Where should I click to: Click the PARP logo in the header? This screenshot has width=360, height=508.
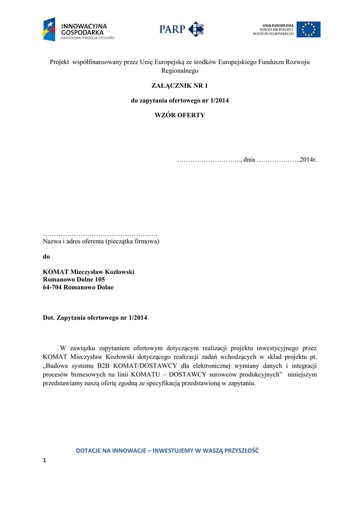[181, 29]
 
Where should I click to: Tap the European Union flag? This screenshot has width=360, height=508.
[308, 29]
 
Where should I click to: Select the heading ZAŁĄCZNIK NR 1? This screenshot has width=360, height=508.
[179, 86]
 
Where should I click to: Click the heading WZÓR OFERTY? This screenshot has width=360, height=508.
[179, 115]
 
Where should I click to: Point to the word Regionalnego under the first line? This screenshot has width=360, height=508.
[179, 71]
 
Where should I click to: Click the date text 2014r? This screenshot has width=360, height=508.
[308, 159]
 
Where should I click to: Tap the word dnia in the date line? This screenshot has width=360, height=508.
[249, 159]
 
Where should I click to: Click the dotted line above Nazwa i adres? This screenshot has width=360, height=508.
[100, 233]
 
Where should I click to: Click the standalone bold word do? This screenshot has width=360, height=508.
[47, 256]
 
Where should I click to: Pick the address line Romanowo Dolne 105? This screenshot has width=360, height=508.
[74, 279]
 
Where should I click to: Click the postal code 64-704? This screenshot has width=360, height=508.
[52, 287]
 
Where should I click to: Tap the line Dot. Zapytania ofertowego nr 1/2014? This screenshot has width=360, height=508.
[95, 317]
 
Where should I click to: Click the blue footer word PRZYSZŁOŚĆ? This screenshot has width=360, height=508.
[235, 450]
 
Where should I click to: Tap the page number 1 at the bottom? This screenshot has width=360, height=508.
[45, 462]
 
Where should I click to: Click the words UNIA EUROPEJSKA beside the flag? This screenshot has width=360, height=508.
[278, 25]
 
